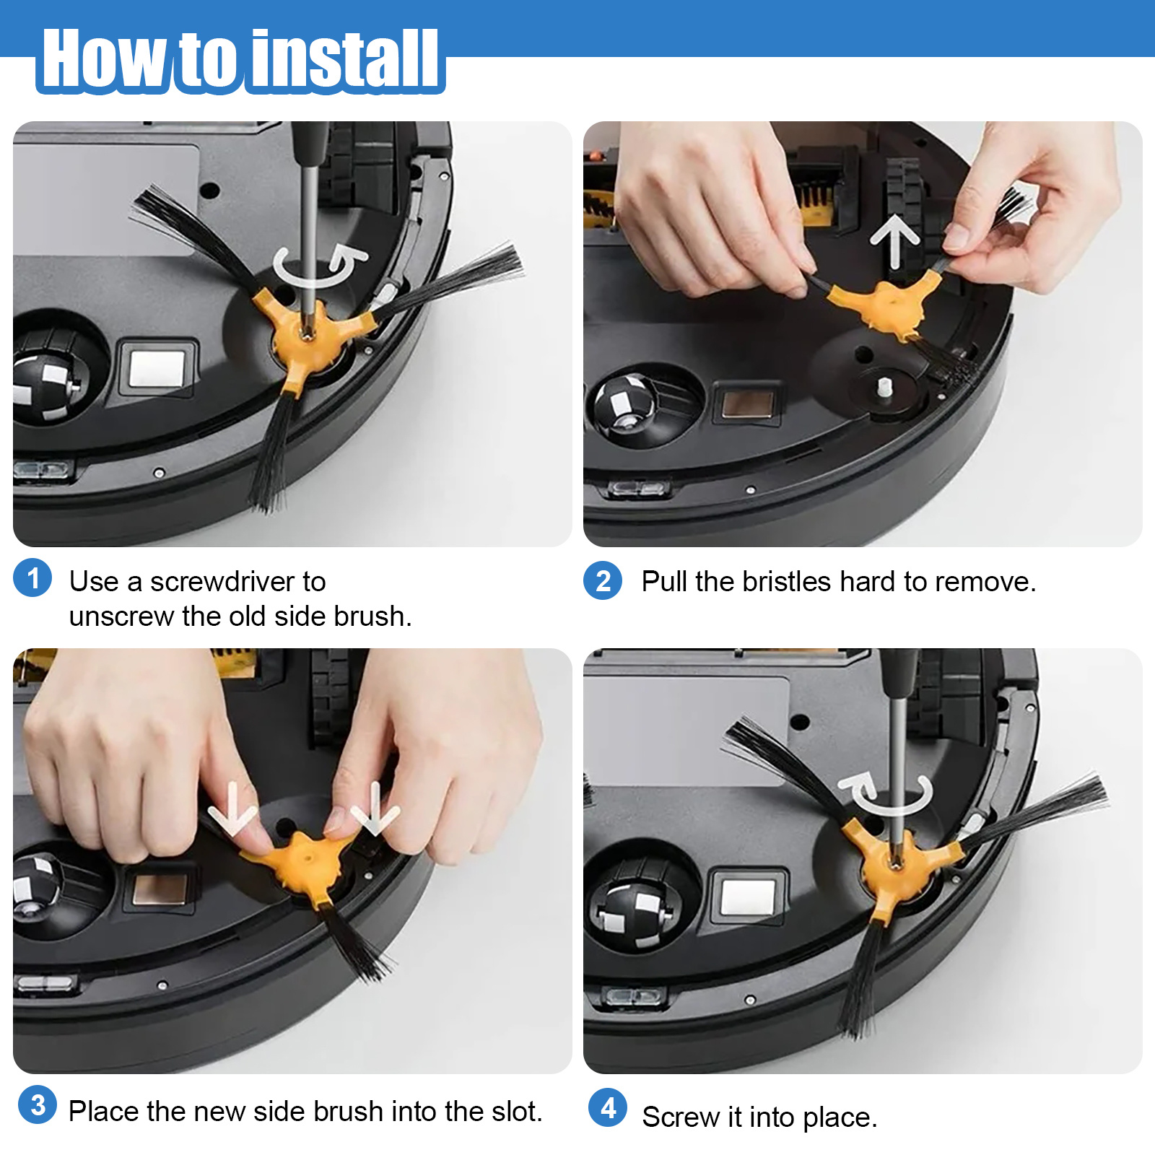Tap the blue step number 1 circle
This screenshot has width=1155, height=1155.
coord(32,578)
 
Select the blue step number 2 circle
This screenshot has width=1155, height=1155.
coord(603,580)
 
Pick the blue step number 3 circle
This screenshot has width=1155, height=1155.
coord(38,1104)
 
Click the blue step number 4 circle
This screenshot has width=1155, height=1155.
coord(608,1107)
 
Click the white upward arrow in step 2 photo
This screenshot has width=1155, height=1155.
coord(894,240)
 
